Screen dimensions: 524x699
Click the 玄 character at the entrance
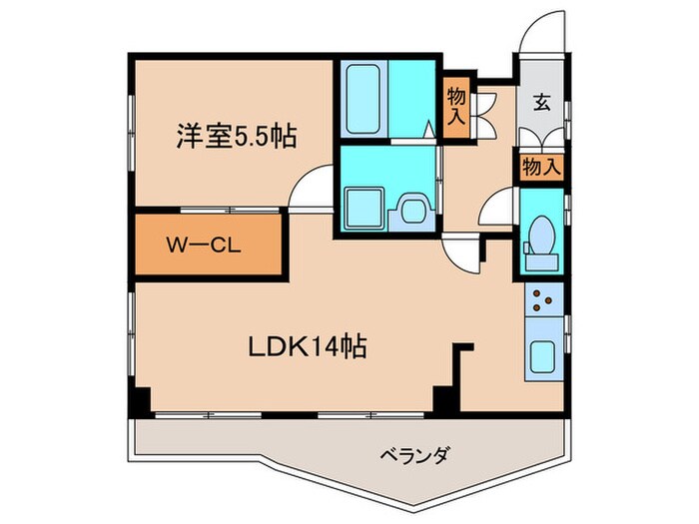point(541,101)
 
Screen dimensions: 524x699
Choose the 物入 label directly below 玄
point(540,167)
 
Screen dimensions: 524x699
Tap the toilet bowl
point(541,237)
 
